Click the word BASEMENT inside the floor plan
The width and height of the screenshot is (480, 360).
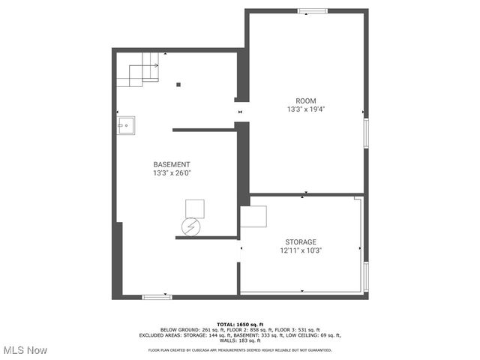pyautogui.click(x=172, y=164)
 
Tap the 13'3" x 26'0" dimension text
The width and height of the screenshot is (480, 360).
pyautogui.click(x=172, y=173)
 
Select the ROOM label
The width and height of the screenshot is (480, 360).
pyautogui.click(x=305, y=100)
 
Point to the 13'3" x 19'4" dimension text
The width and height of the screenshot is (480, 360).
pyautogui.click(x=305, y=109)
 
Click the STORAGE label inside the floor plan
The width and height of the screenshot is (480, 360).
pyautogui.click(x=300, y=241)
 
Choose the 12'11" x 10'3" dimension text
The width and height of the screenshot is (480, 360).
pyautogui.click(x=300, y=250)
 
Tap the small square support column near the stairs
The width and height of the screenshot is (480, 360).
pyautogui.click(x=178, y=84)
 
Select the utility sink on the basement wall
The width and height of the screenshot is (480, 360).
pyautogui.click(x=125, y=125)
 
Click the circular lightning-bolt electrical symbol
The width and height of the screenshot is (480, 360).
pyautogui.click(x=193, y=226)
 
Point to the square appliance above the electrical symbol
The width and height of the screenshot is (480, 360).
pyautogui.click(x=195, y=208)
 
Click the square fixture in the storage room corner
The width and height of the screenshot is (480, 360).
pyautogui.click(x=253, y=217)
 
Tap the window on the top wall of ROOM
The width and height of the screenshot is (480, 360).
pyautogui.click(x=312, y=11)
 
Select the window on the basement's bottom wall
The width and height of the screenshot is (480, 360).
pyautogui.click(x=157, y=297)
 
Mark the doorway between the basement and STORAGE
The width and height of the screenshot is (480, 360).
pyautogui.click(x=239, y=248)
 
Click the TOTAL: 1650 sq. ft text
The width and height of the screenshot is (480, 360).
pyautogui.click(x=240, y=324)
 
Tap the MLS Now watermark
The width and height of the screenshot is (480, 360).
pyautogui.click(x=25, y=350)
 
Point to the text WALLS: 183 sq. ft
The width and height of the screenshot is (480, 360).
pyautogui.click(x=240, y=340)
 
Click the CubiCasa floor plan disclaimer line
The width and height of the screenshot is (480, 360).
pyautogui.click(x=240, y=349)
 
